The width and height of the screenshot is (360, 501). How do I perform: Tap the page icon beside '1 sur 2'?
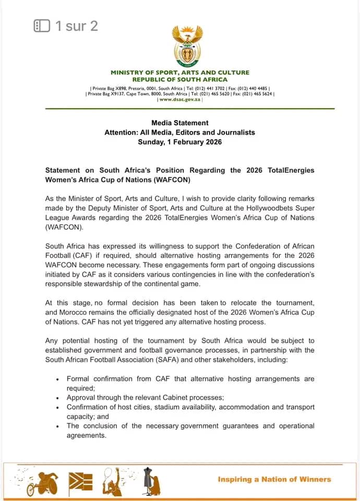coord(42,26)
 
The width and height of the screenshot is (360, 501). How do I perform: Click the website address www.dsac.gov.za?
coord(181,99)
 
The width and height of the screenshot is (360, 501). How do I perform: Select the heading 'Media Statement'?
coord(179,123)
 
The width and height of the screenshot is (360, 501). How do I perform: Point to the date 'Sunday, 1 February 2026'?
coord(179,142)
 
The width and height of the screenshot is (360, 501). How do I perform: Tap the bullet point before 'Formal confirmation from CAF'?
coord(57,379)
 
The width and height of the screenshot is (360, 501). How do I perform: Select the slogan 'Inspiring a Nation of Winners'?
coord(274,479)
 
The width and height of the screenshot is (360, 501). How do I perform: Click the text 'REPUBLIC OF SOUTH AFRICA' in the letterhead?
coord(179,79)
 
